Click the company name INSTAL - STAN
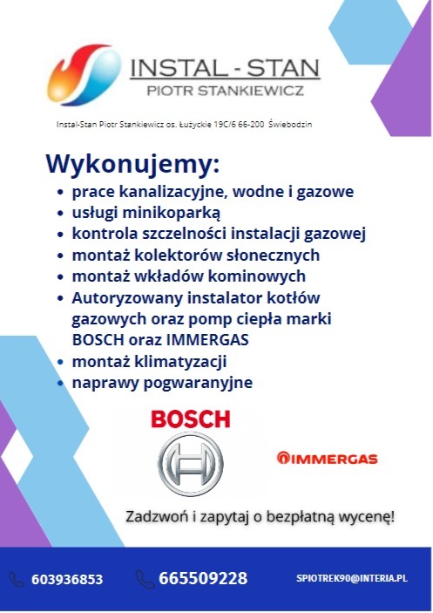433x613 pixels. click(224, 67)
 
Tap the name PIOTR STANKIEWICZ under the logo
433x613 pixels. click(224, 91)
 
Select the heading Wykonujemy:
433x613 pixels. click(132, 164)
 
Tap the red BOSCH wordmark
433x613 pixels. click(191, 419)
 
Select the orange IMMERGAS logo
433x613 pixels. click(326, 458)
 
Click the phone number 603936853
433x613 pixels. click(67, 579)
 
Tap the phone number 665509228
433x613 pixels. click(203, 578)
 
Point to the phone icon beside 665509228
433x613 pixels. click(145, 578)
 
